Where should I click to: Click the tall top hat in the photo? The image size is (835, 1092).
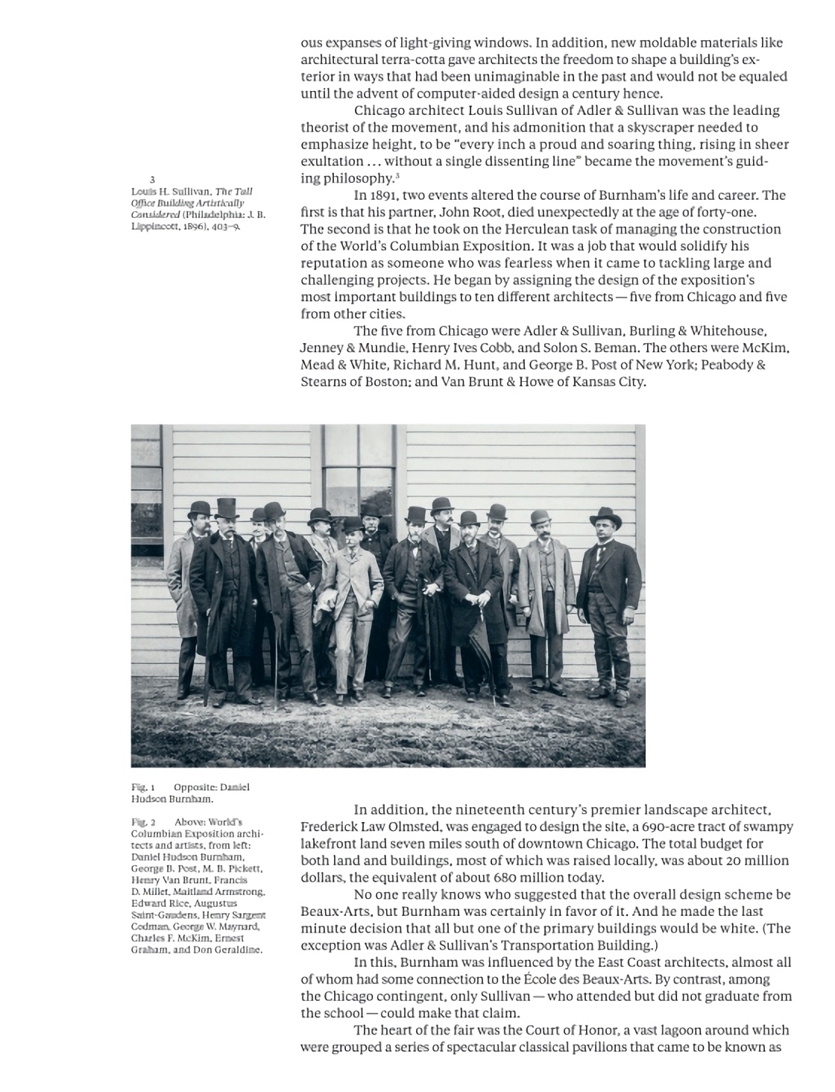(225, 510)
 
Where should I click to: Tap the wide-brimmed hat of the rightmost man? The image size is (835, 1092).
(605, 516)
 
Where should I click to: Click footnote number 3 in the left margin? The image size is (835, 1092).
(152, 180)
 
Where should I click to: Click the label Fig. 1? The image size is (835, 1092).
(142, 787)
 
